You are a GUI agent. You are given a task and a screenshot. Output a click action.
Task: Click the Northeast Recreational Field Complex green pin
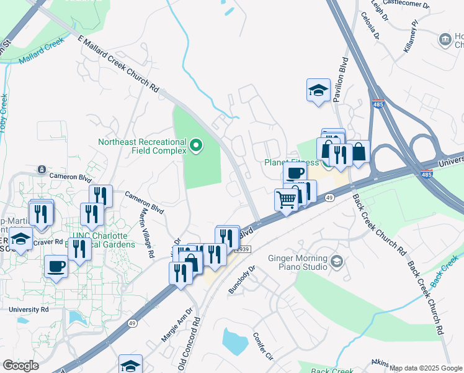click(197, 146)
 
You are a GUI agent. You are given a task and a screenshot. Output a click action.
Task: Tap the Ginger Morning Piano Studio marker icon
click(337, 260)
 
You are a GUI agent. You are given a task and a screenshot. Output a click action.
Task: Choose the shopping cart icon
click(286, 200)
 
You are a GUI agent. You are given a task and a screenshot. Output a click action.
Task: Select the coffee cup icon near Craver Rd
click(56, 266)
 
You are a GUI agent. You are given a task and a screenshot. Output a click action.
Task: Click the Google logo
click(21, 366)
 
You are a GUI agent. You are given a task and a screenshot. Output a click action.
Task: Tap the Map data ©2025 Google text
click(426, 368)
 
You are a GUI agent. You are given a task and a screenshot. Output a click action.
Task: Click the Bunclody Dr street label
click(242, 280)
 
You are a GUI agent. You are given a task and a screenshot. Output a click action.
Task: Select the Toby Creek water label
click(4, 113)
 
